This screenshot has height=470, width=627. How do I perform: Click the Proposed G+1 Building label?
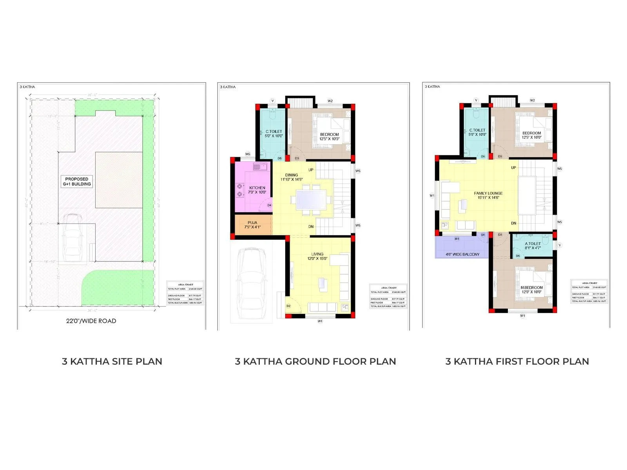click(77, 181)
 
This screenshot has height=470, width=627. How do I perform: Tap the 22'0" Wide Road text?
click(91, 321)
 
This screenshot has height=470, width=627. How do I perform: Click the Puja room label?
click(252, 225)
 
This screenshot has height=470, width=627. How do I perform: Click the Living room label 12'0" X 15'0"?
click(317, 256)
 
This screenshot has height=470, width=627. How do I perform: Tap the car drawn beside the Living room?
click(251, 282)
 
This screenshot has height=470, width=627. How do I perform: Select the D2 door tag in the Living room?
click(288, 306)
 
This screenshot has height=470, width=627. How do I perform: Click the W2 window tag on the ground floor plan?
click(330, 101)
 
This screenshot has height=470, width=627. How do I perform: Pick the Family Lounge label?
click(488, 195)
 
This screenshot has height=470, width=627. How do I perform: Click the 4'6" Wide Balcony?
click(462, 254)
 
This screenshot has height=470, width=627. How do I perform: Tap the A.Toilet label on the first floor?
click(533, 246)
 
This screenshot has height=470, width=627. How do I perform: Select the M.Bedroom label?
click(531, 289)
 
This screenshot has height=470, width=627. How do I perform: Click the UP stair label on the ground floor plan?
click(311, 170)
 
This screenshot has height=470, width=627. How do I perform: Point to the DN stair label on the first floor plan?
click(513, 223)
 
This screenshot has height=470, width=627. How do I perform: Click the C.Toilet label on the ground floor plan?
click(274, 134)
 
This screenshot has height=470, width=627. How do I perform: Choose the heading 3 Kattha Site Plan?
click(112, 361)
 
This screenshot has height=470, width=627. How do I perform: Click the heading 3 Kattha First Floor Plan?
click(517, 361)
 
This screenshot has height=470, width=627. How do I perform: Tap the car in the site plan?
click(72, 239)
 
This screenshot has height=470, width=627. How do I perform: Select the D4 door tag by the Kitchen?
click(269, 205)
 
